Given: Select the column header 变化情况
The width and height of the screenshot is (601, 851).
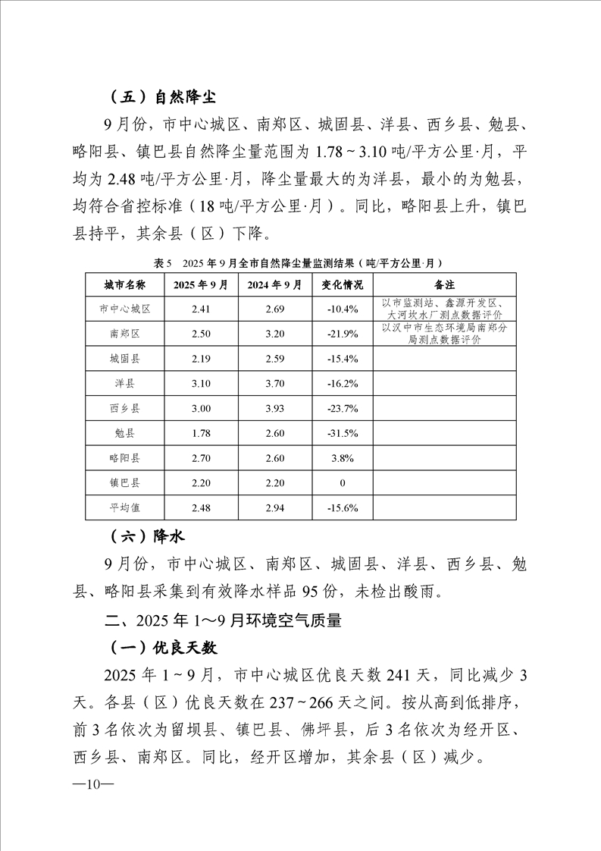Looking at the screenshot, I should (x=343, y=285).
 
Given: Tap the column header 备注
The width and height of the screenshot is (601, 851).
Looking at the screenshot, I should (x=445, y=285).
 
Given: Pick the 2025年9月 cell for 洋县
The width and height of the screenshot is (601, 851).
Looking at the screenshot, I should (x=200, y=384).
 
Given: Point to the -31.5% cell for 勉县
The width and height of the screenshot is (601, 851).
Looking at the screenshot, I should (x=343, y=433).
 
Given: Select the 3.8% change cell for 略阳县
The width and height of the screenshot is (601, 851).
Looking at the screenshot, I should (x=343, y=458).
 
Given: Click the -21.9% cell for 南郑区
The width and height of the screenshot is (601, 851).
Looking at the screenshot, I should (x=343, y=334).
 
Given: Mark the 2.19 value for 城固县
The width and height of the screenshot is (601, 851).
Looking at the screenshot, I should (x=200, y=359).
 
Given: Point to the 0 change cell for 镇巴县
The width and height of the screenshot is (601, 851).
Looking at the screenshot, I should (x=343, y=482).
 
